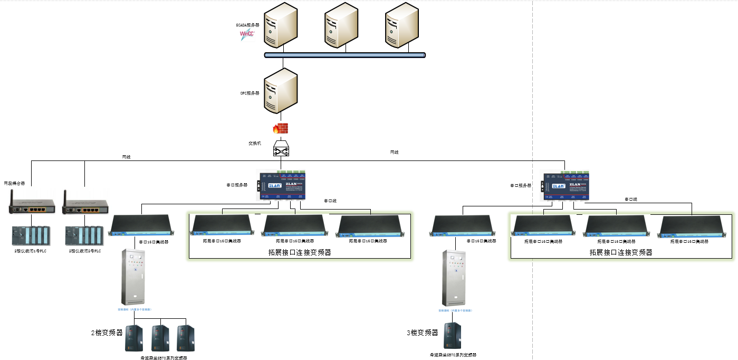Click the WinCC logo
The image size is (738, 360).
247,35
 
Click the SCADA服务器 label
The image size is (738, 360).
247,25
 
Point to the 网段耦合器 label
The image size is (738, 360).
15,183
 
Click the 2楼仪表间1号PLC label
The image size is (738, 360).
31,251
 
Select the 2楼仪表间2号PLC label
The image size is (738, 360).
85,251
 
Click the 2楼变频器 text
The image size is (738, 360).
107,333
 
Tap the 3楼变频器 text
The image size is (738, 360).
422,333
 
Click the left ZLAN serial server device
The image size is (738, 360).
283,185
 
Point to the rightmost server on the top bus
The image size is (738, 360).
403,26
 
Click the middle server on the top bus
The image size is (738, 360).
342,26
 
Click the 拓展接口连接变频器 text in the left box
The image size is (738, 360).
300,252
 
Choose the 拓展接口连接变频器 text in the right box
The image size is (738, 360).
621,252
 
